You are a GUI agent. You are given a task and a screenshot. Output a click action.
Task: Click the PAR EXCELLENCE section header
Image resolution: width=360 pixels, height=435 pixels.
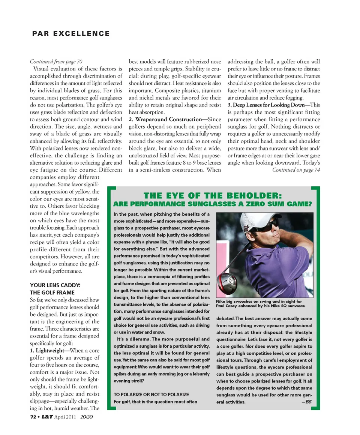(71, 34)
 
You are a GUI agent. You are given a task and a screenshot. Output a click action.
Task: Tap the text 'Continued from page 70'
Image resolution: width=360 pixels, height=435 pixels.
(56, 61)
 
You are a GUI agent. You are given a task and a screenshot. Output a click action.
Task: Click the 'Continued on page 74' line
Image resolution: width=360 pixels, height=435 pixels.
(296, 170)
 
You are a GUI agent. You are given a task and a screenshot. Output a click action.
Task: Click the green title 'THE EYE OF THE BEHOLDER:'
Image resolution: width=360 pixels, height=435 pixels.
(213, 196)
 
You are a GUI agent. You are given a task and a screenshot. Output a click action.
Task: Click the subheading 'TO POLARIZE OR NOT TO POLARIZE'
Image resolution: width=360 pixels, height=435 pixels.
(151, 394)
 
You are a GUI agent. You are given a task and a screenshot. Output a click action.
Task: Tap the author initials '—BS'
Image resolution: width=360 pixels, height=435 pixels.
(306, 402)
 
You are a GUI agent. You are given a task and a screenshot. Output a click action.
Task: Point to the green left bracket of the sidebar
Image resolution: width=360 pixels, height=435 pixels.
(111, 300)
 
